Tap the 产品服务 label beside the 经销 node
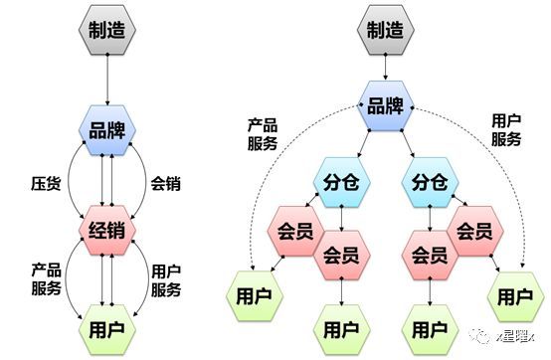coord(46,279)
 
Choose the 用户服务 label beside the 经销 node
coord(166,279)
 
